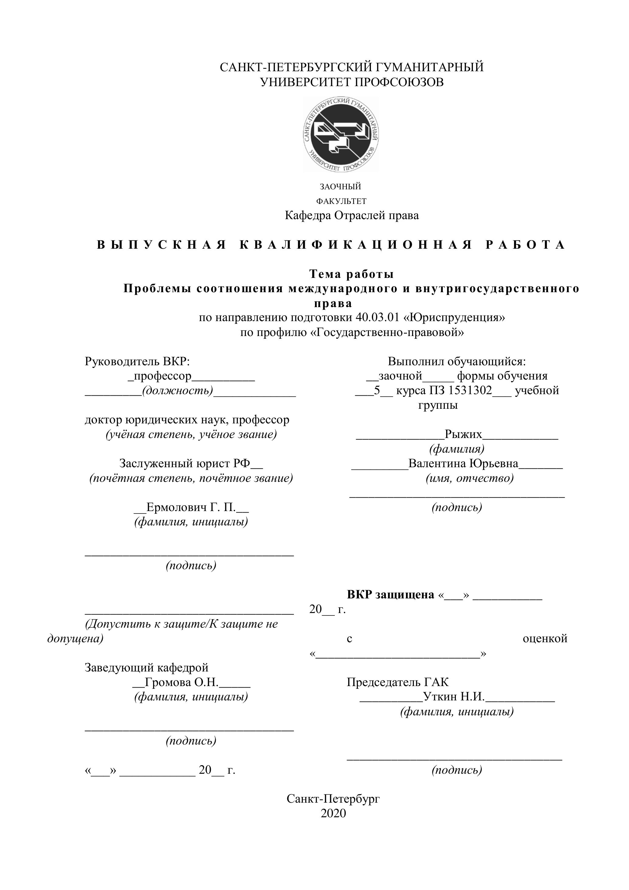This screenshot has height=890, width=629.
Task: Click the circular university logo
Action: click(x=341, y=134)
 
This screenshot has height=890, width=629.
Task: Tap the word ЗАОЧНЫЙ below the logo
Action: click(x=340, y=187)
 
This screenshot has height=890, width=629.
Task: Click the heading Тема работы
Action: click(x=351, y=274)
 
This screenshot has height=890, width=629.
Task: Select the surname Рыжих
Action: click(x=463, y=434)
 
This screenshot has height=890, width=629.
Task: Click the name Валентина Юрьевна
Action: click(x=463, y=464)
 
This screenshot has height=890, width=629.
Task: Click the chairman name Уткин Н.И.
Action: click(x=454, y=697)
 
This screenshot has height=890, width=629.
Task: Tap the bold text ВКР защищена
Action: click(x=390, y=595)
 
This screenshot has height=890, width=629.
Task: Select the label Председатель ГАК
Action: click(x=398, y=682)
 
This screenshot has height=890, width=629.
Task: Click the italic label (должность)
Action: click(x=177, y=390)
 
